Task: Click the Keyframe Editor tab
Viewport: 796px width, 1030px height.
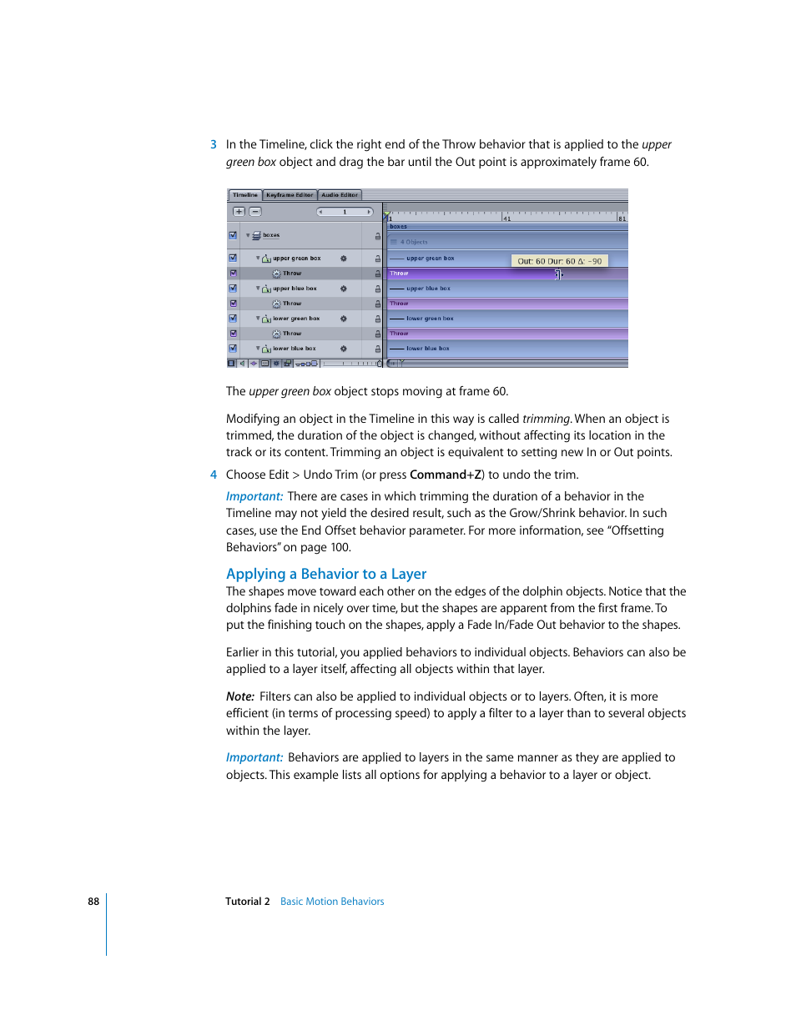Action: point(290,195)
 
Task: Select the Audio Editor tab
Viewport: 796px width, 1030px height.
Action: point(340,195)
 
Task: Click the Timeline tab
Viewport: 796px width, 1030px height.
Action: point(244,195)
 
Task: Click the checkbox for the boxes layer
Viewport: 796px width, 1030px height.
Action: point(233,235)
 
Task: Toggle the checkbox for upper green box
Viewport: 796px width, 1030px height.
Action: point(233,259)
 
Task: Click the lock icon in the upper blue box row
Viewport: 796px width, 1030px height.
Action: point(377,289)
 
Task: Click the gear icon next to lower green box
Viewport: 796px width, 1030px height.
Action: point(343,319)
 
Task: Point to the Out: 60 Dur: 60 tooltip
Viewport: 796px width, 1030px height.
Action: point(559,261)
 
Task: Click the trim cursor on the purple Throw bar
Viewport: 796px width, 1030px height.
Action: point(558,274)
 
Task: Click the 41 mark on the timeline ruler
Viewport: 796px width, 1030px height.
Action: point(506,219)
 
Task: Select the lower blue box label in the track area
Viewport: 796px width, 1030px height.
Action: point(427,349)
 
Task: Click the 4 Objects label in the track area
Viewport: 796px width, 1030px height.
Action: point(413,242)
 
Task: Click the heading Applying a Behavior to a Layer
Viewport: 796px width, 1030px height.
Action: point(326,574)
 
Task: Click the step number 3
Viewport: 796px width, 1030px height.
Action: point(214,144)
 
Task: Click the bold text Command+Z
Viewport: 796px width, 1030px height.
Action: point(446,475)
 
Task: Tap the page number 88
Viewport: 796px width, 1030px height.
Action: point(93,902)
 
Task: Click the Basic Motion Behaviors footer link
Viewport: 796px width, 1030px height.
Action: point(332,902)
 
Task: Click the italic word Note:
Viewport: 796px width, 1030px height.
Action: point(239,696)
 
